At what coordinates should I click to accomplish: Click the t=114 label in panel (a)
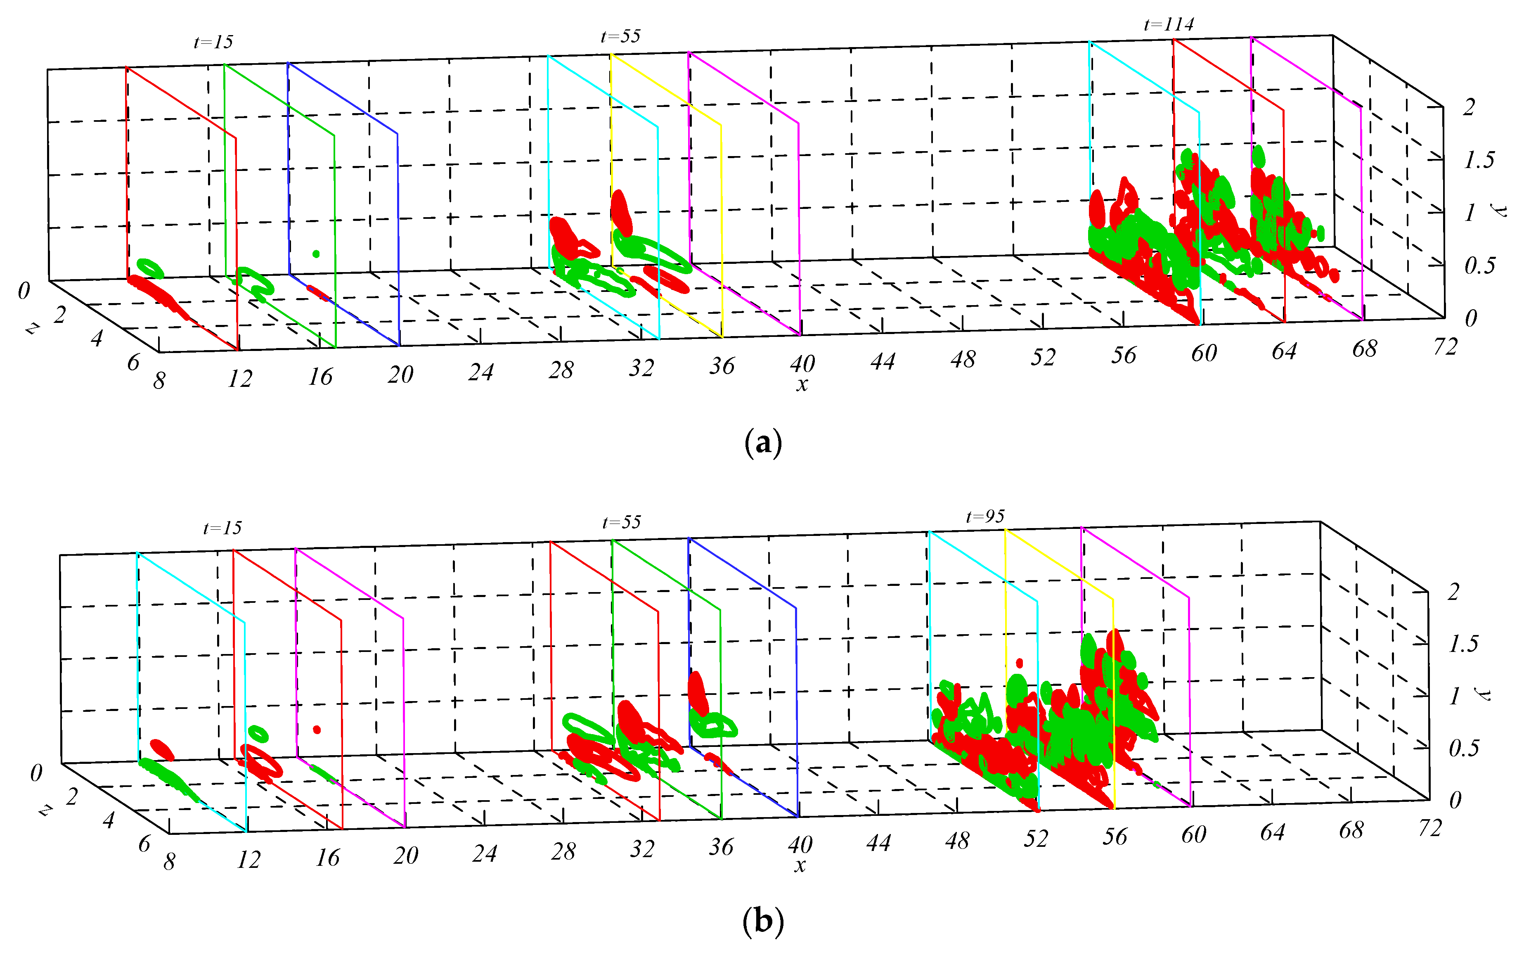pos(1169,25)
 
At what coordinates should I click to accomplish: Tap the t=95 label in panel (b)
pos(985,517)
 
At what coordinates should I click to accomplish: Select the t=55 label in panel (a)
pos(620,36)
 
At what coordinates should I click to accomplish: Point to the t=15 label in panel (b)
pos(222,528)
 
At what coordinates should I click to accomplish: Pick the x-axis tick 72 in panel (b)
pos(1429,827)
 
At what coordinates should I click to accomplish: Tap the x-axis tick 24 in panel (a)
pos(480,372)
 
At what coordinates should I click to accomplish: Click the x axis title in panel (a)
pos(802,384)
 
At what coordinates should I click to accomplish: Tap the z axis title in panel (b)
pos(44,810)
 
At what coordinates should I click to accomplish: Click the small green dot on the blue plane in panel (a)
pos(316,254)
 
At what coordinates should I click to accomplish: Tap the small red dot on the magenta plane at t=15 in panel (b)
pos(317,730)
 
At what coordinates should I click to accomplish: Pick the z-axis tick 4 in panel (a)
pos(97,339)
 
